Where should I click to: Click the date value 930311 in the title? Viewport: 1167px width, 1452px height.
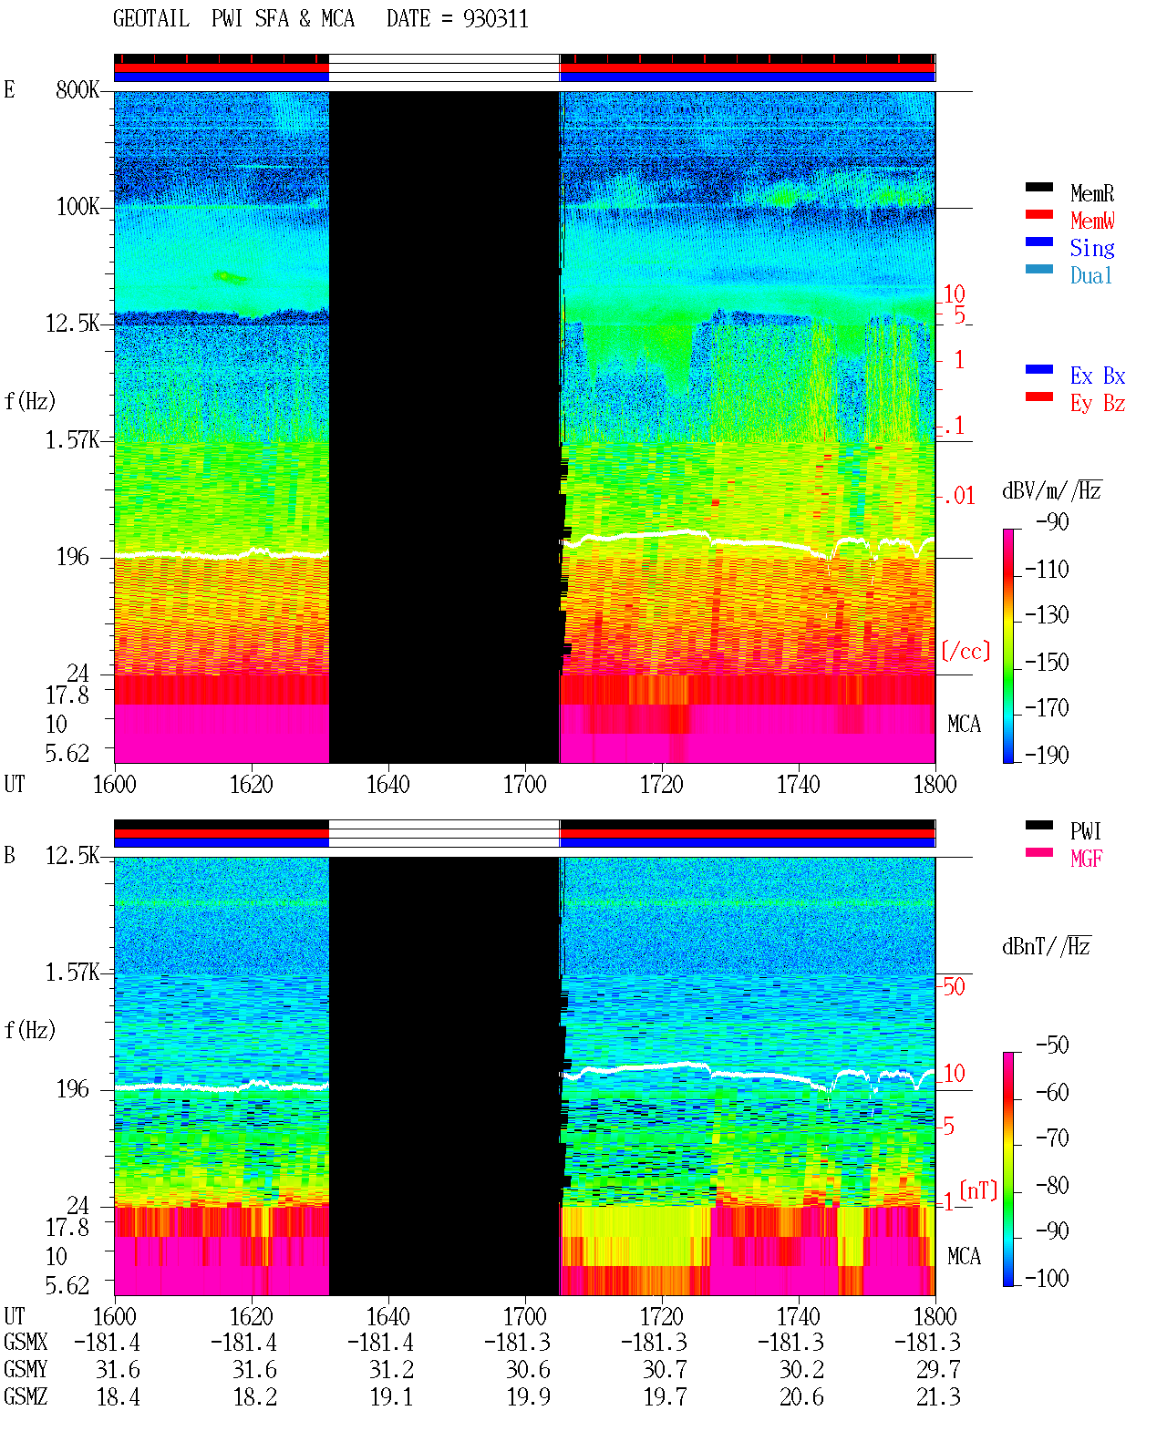click(x=495, y=19)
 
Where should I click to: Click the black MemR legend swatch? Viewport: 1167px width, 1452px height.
click(x=1038, y=187)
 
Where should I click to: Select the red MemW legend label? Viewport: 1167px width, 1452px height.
click(x=1092, y=221)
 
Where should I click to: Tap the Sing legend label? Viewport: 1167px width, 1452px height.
click(x=1091, y=248)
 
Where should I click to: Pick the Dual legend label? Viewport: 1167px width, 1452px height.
click(x=1090, y=275)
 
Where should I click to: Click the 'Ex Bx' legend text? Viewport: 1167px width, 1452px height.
click(x=1098, y=376)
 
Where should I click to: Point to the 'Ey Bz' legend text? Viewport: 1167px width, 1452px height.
click(x=1098, y=404)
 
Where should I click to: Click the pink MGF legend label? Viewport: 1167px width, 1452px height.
click(x=1086, y=859)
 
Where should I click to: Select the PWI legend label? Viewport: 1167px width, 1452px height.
click(x=1085, y=831)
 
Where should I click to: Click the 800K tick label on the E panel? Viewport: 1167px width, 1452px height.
click(x=77, y=89)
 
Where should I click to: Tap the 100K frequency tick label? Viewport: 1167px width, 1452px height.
click(x=77, y=207)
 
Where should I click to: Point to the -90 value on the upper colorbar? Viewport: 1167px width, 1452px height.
click(x=1052, y=522)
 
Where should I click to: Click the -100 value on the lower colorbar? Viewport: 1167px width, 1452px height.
click(x=1047, y=1278)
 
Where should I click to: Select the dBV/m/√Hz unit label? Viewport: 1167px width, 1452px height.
click(x=1051, y=489)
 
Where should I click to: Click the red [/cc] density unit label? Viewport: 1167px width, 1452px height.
click(x=966, y=651)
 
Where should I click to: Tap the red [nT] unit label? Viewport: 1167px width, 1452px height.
click(x=978, y=1189)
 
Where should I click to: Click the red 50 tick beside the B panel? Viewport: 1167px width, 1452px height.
click(x=954, y=987)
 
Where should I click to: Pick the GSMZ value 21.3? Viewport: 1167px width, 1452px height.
click(x=938, y=1396)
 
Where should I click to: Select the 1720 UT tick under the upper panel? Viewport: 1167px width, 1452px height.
click(x=662, y=784)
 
